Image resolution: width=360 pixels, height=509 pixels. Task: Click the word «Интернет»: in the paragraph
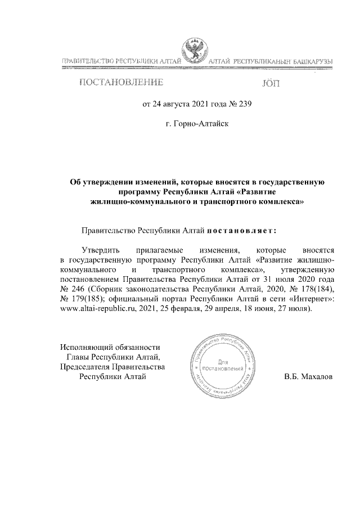coord(312,300)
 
